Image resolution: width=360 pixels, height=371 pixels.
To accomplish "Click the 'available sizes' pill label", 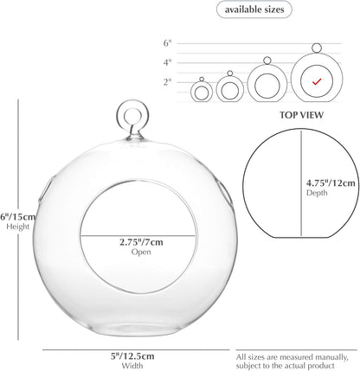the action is click(x=254, y=10).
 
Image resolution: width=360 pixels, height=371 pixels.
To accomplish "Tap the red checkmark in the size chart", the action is click(x=317, y=82).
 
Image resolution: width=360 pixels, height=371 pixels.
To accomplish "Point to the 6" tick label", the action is click(x=167, y=43).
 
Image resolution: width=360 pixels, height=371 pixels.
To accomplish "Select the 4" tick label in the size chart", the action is click(x=167, y=62).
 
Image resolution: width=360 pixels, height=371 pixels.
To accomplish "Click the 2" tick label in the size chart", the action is click(x=167, y=82).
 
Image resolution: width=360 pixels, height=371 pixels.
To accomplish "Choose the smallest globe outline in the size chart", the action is click(x=190, y=93).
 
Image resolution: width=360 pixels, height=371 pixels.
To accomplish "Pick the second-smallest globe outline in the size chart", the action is click(x=216, y=90).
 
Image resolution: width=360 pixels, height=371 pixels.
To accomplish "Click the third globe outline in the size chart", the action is click(x=248, y=84).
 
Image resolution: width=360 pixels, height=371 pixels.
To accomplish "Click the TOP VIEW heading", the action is click(x=301, y=115).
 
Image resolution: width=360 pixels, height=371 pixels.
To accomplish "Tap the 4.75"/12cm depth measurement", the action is click(x=331, y=183).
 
